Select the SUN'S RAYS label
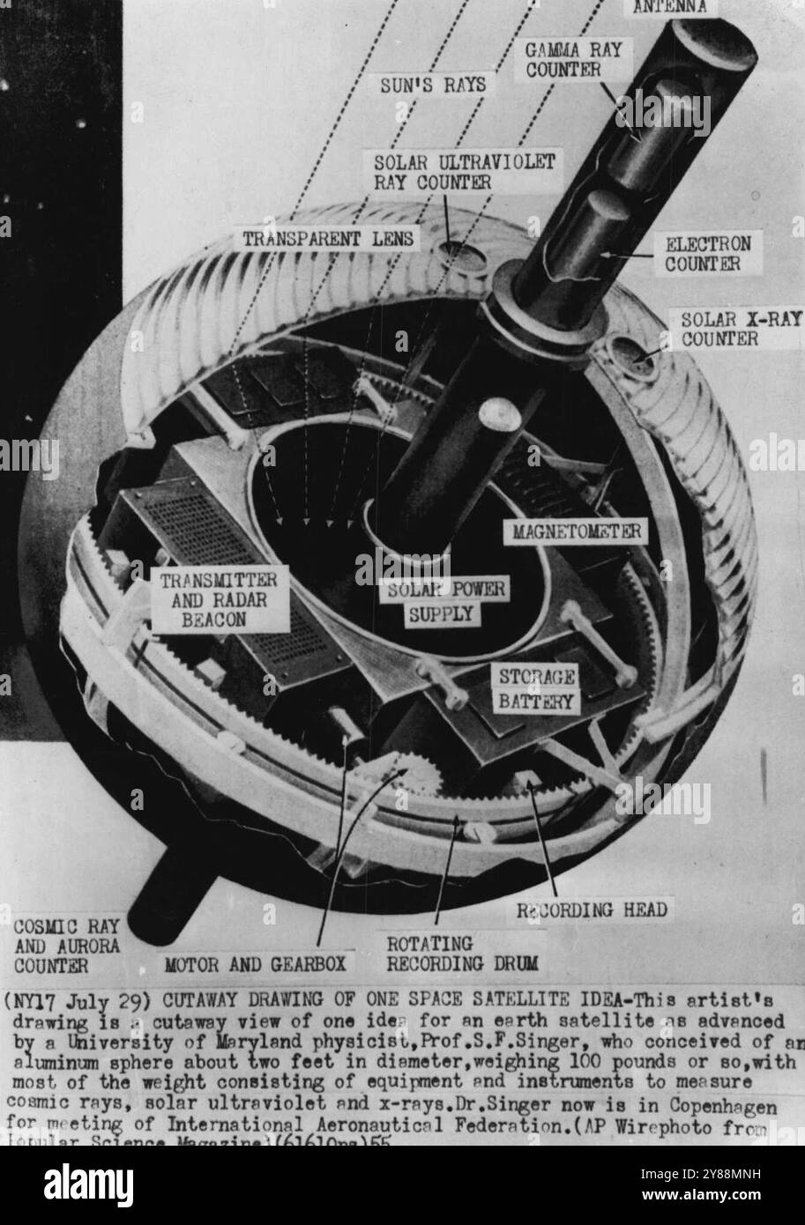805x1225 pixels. coord(436,86)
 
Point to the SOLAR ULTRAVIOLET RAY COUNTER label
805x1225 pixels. coord(464,172)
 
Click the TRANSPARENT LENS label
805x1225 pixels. coord(328,238)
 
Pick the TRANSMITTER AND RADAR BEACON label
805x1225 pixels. coord(220,599)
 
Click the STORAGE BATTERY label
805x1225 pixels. coord(537,690)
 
